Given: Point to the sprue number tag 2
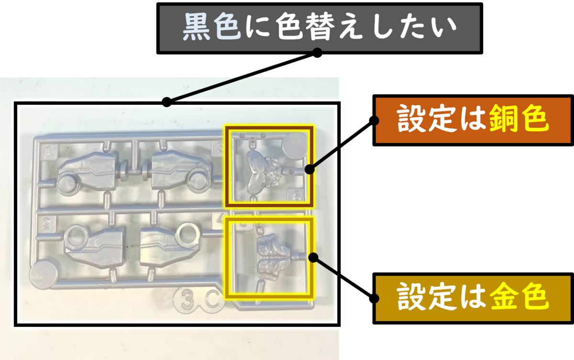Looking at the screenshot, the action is (x=46, y=223).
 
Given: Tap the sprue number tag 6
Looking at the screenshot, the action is (x=296, y=195).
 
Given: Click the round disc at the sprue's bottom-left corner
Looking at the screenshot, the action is (x=44, y=273).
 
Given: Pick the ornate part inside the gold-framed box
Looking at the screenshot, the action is (x=271, y=257).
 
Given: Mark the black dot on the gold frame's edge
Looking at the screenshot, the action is (x=313, y=257).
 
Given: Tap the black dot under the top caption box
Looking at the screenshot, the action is (x=317, y=51).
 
